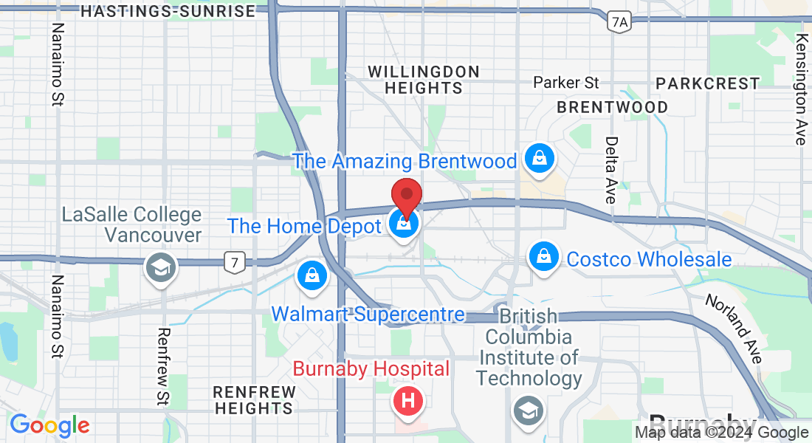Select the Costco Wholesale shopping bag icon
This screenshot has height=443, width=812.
(x=543, y=258)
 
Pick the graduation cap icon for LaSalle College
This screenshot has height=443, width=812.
(x=159, y=267)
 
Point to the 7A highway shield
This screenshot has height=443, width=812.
(x=620, y=23)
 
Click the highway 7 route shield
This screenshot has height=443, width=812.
(x=234, y=260)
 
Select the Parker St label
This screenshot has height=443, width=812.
(x=566, y=82)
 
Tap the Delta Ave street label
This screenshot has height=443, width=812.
(x=610, y=170)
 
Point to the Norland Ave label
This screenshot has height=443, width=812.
(x=733, y=329)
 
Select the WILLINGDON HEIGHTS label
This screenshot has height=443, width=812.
(x=424, y=80)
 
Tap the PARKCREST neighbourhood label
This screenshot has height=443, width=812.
(x=707, y=83)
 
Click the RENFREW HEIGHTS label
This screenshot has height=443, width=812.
(x=252, y=399)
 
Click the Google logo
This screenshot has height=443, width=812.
(x=49, y=425)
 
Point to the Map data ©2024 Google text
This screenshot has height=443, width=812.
(x=721, y=433)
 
